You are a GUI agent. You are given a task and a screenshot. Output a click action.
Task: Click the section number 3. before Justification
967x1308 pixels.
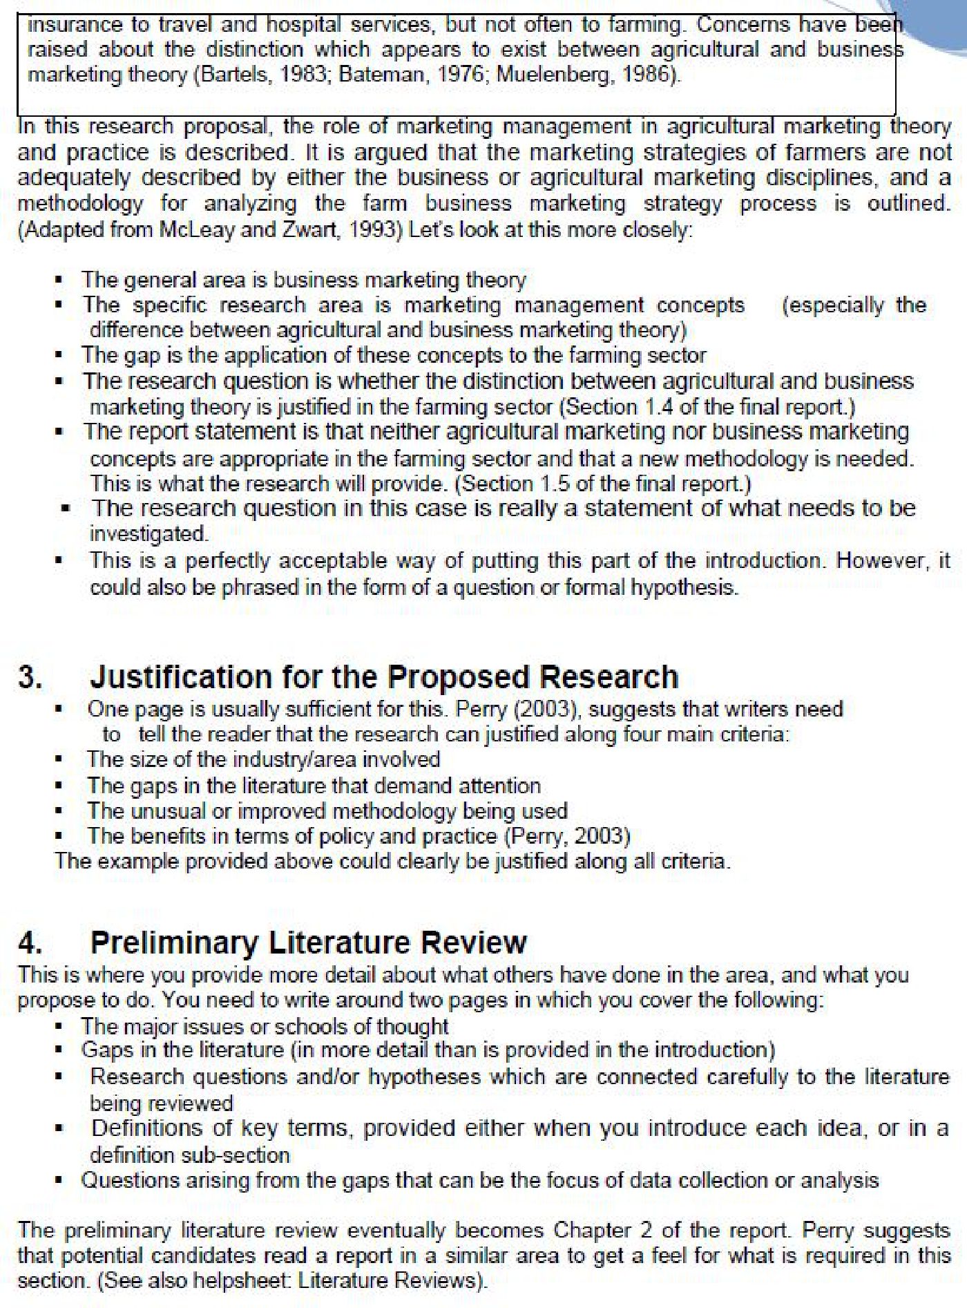[30, 677]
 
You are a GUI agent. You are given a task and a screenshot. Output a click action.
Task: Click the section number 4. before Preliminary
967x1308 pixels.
[30, 942]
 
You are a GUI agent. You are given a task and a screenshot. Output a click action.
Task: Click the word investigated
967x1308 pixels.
[149, 534]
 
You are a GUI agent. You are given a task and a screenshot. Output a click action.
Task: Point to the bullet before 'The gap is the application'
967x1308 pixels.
[60, 356]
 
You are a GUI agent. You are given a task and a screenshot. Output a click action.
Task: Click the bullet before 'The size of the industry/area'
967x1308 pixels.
[60, 760]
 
